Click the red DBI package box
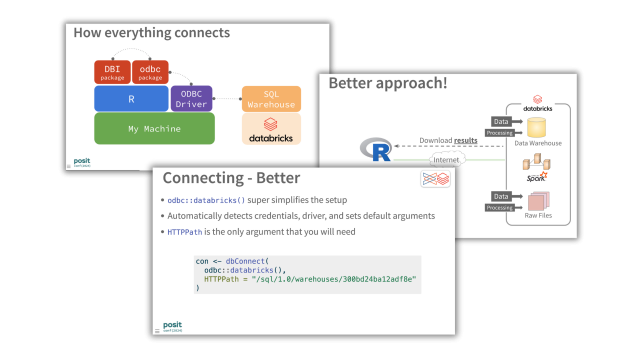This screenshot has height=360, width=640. point(114,72)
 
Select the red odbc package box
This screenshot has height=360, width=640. point(150,72)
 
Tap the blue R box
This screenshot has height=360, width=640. point(131,98)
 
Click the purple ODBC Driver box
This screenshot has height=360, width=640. point(190,98)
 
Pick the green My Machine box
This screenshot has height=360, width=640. point(154,128)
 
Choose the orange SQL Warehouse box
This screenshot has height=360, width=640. point(271,98)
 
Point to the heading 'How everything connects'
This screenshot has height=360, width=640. point(151,33)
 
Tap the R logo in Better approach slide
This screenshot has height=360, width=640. point(378,151)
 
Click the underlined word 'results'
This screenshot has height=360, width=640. point(466,140)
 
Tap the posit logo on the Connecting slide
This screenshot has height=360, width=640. point(173,325)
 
